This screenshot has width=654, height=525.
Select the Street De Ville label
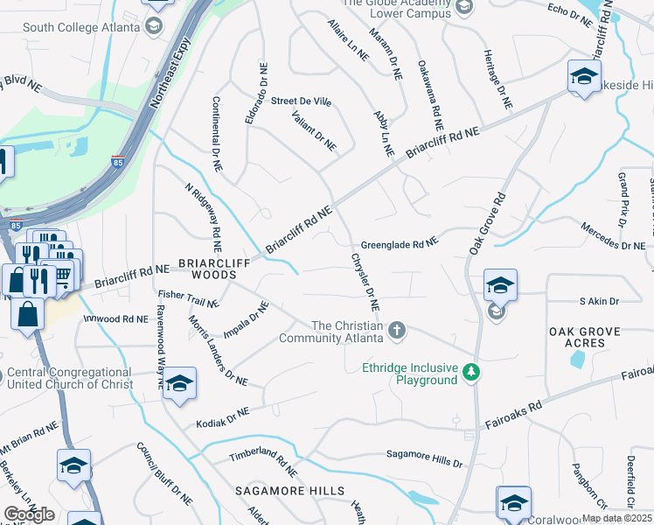pos(300,101)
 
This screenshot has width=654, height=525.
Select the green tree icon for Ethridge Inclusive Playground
pos(471,374)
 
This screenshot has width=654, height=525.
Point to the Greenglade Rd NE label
pos(398,247)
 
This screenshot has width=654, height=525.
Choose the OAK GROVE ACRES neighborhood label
pos(585,337)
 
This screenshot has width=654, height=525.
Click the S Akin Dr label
pos(599,301)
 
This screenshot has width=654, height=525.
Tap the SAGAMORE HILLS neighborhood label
pos(289,491)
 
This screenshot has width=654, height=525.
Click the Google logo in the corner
pos(29,514)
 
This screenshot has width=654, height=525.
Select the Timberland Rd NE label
pos(263,463)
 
